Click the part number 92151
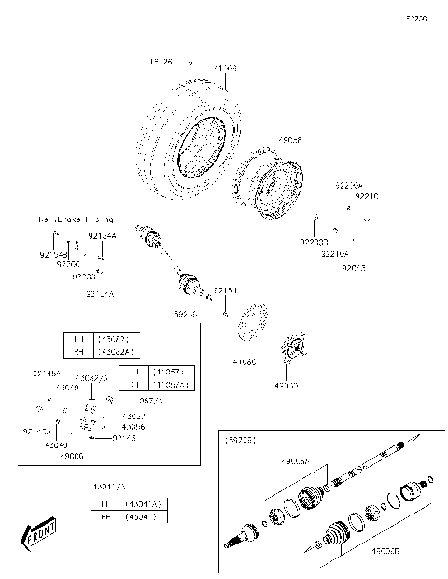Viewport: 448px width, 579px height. click(225, 291)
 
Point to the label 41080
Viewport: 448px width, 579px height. click(244, 360)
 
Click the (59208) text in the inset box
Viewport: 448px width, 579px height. click(240, 437)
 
